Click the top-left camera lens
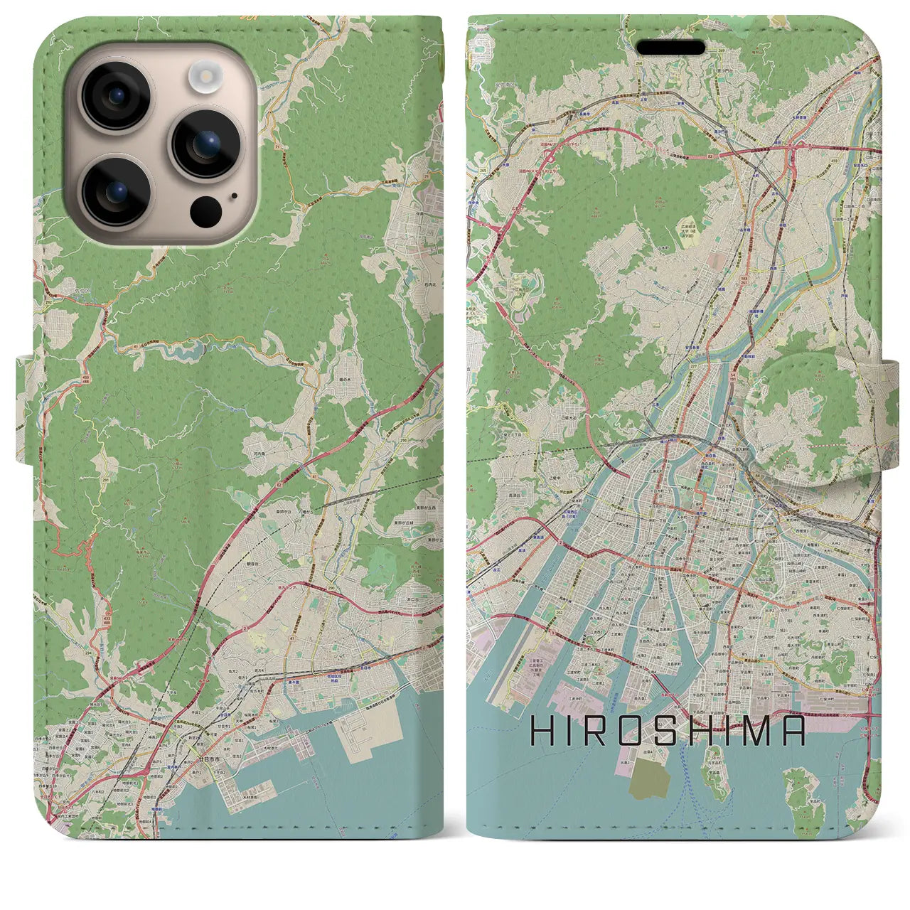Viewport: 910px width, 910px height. click(116, 96)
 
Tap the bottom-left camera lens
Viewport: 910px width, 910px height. click(116, 191)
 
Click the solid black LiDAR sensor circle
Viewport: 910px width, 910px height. click(206, 210)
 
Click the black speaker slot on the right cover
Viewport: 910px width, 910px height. click(670, 48)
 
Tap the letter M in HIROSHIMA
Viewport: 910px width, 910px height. click(759, 730)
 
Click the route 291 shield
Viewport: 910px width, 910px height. click(106, 462)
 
